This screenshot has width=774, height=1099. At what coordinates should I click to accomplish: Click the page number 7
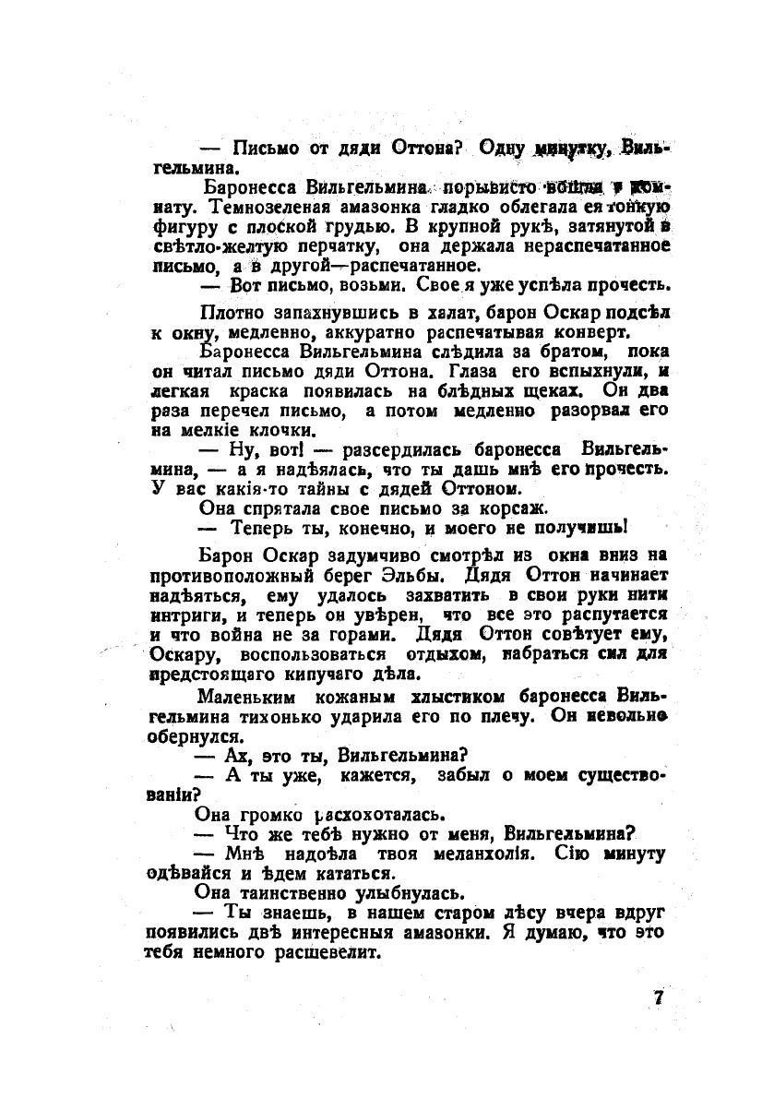pos(658,998)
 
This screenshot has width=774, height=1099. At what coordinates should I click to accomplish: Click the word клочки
pos(274,431)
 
